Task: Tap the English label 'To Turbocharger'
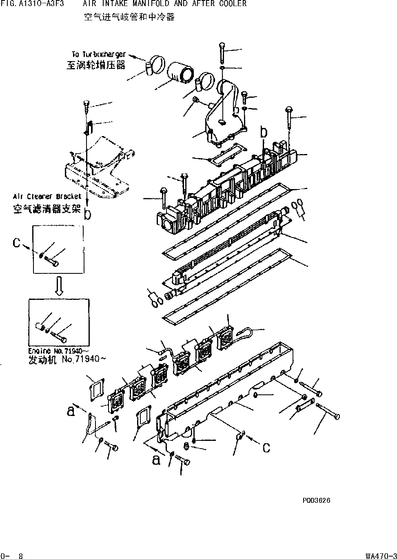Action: pyautogui.click(x=99, y=55)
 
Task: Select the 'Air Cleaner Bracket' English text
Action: pyautogui.click(x=47, y=196)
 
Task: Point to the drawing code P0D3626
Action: pyautogui.click(x=317, y=500)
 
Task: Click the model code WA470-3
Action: pyautogui.click(x=381, y=555)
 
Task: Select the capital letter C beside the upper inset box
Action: pyautogui.click(x=16, y=243)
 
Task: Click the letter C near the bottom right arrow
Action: pyautogui.click(x=266, y=448)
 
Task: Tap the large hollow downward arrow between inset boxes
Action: pyautogui.click(x=59, y=286)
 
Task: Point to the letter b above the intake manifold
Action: pyautogui.click(x=264, y=133)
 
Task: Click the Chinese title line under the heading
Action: pyautogui.click(x=129, y=17)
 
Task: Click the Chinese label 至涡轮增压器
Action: pyautogui.click(x=96, y=65)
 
